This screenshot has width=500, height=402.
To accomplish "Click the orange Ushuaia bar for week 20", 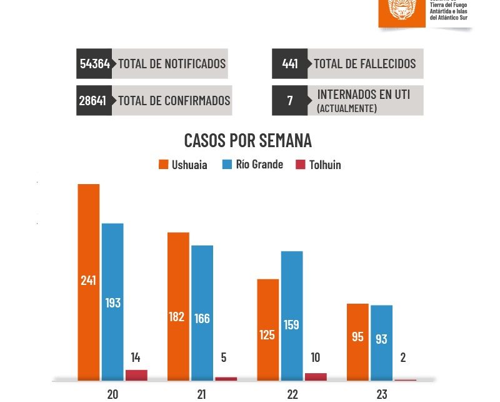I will click(89, 282).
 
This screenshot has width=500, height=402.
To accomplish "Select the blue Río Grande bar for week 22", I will click(292, 316).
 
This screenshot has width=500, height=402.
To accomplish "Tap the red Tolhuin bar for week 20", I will click(136, 375).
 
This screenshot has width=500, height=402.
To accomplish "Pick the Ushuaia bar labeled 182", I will click(178, 306).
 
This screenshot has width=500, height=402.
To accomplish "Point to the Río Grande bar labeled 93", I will click(381, 342).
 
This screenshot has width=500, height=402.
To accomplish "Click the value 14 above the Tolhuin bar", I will click(136, 358).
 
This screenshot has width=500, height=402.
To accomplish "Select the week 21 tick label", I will click(201, 394).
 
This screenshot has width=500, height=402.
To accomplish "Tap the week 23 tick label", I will click(382, 394).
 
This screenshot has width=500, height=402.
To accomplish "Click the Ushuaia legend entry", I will click(182, 165).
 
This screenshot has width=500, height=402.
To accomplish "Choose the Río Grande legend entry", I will click(252, 165).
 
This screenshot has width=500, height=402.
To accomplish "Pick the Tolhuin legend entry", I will click(318, 165).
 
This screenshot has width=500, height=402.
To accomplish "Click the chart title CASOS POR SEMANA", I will click(248, 140).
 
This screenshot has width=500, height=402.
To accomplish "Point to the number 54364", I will click(94, 64).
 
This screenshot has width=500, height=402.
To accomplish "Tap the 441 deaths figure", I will click(290, 64).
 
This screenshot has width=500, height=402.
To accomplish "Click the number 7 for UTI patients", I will click(290, 100).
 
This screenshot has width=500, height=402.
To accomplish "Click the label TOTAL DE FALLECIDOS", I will click(364, 64).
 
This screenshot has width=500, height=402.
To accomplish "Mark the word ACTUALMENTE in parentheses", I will click(347, 108).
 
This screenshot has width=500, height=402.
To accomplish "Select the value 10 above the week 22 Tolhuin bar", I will click(316, 358).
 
